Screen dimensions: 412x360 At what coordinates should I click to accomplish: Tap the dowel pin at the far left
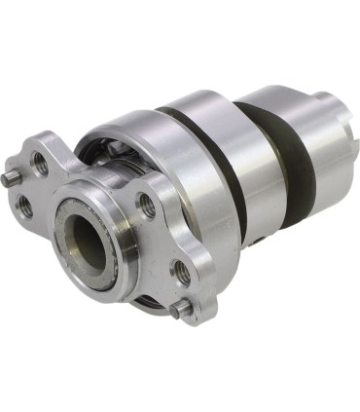tap(9, 179)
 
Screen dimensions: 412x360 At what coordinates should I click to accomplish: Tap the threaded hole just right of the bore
tap(148, 205)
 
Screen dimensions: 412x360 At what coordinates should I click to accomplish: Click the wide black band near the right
tap(292, 156)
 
